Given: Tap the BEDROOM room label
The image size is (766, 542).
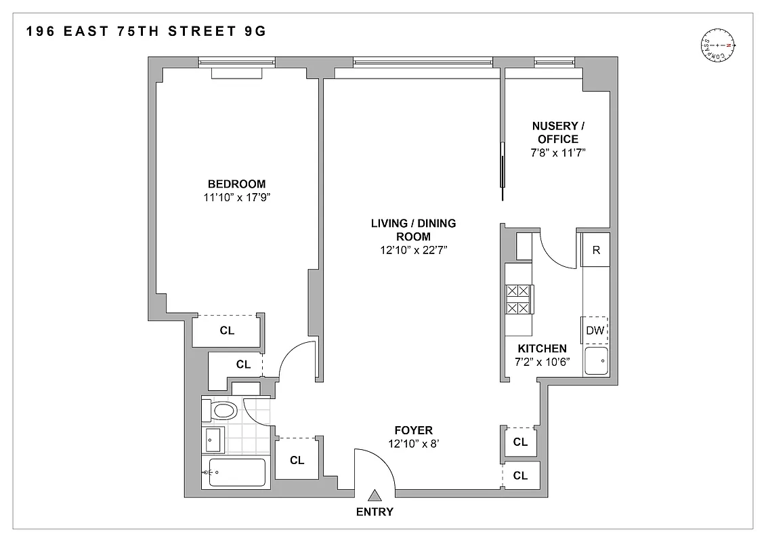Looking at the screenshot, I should pyautogui.click(x=236, y=184).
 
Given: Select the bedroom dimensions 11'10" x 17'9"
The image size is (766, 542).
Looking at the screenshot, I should pyautogui.click(x=236, y=198).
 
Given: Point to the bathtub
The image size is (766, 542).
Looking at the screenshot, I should pyautogui.click(x=236, y=472).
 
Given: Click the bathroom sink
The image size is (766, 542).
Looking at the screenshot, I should pyautogui.click(x=214, y=440).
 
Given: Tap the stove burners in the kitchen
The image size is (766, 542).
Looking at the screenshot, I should pyautogui.click(x=519, y=299).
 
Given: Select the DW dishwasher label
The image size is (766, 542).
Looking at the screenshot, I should pyautogui.click(x=595, y=331).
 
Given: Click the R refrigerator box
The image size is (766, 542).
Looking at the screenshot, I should pyautogui.click(x=596, y=249).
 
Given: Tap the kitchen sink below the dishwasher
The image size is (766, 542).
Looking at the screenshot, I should pyautogui.click(x=597, y=361).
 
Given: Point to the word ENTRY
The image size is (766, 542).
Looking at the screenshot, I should pyautogui.click(x=374, y=512).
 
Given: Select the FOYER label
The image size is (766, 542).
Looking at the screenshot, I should pyautogui.click(x=413, y=430).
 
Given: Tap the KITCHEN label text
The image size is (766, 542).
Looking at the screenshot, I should pyautogui.click(x=542, y=348).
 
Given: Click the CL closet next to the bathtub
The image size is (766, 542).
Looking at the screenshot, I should pyautogui.click(x=297, y=461).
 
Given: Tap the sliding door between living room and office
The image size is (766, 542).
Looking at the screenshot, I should pyautogui.click(x=501, y=165).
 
